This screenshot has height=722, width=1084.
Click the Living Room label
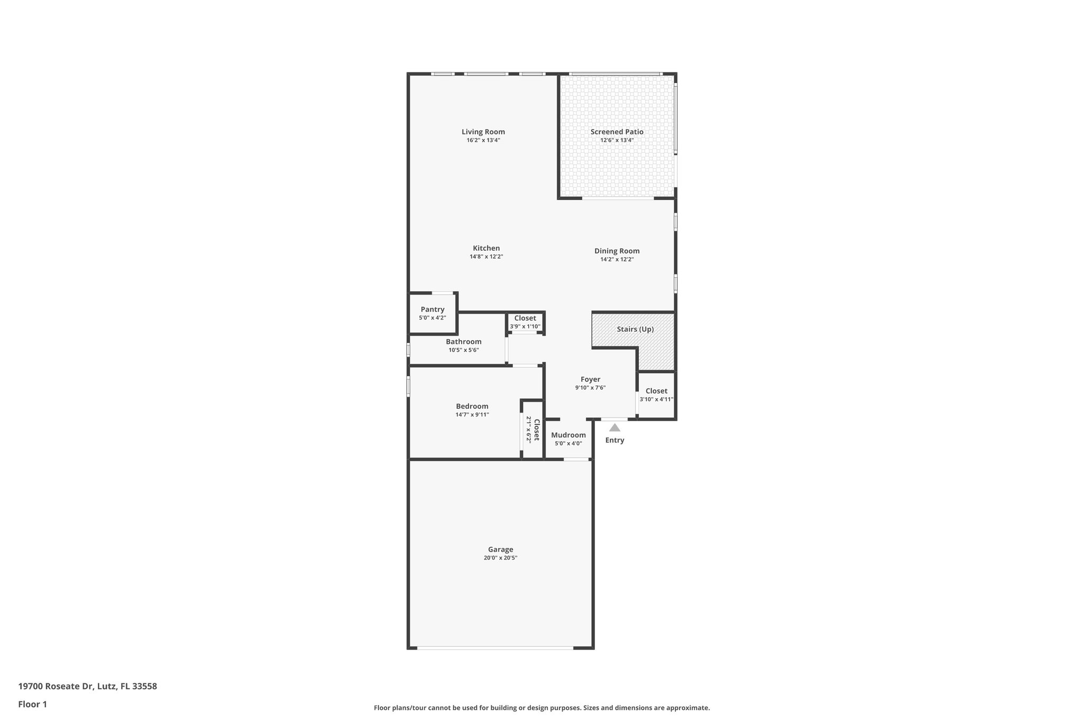pos(483,132)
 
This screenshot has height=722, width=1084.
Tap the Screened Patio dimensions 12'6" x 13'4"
pos(617,141)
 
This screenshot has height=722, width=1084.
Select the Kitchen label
pos(486,248)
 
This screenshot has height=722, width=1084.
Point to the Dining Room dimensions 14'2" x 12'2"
pos(617,260)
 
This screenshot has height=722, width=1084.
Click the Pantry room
pos(432,313)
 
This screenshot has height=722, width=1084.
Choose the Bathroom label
pos(463,342)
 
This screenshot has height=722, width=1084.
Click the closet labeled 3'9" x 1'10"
pos(525,322)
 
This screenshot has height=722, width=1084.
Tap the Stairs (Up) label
pos(635,329)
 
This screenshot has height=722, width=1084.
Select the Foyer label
pos(590,379)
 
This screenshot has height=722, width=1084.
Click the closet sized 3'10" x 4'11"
pos(656,395)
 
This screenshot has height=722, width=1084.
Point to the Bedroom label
pos(472,406)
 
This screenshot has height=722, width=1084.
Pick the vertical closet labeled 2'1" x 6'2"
pos(532,429)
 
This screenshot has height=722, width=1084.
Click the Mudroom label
pos(568,435)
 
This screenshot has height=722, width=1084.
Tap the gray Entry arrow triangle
pos(615,428)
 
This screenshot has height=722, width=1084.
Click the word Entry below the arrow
pos(615,440)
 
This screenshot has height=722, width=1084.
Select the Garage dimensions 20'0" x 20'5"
pos(500,558)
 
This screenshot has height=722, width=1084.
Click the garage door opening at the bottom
pos(495,647)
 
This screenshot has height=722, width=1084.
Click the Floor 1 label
pos(32,704)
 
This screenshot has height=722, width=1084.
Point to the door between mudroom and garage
pos(576,459)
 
